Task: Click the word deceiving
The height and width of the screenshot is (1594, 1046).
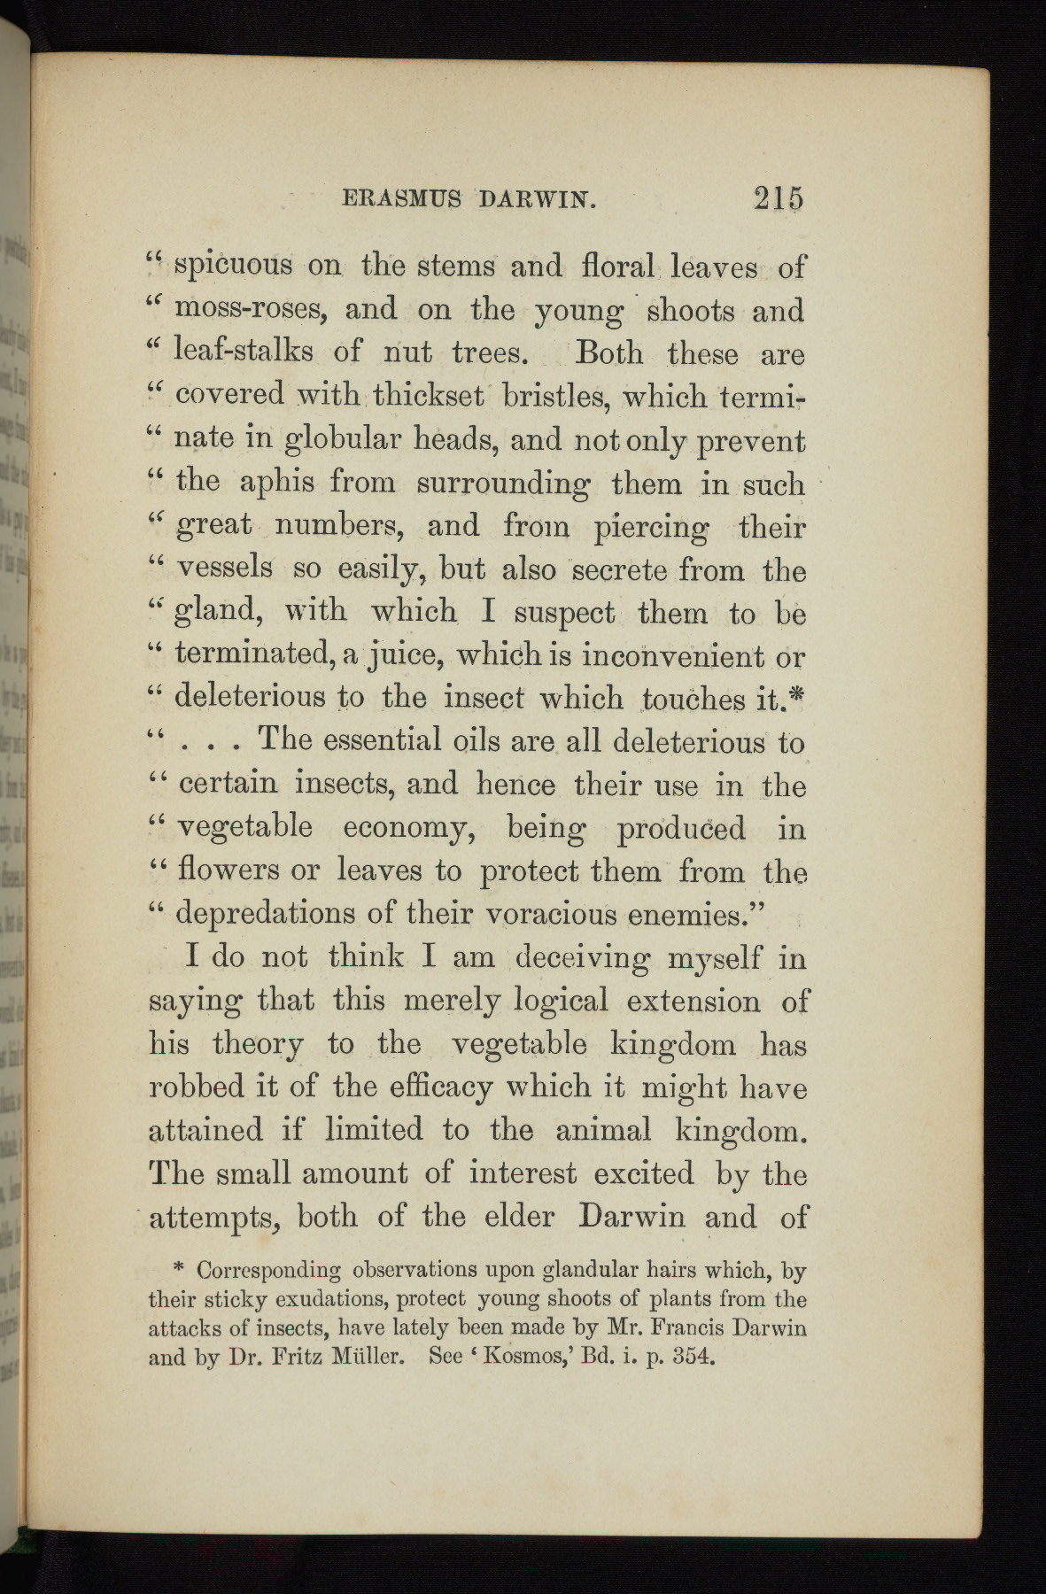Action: (577, 958)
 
